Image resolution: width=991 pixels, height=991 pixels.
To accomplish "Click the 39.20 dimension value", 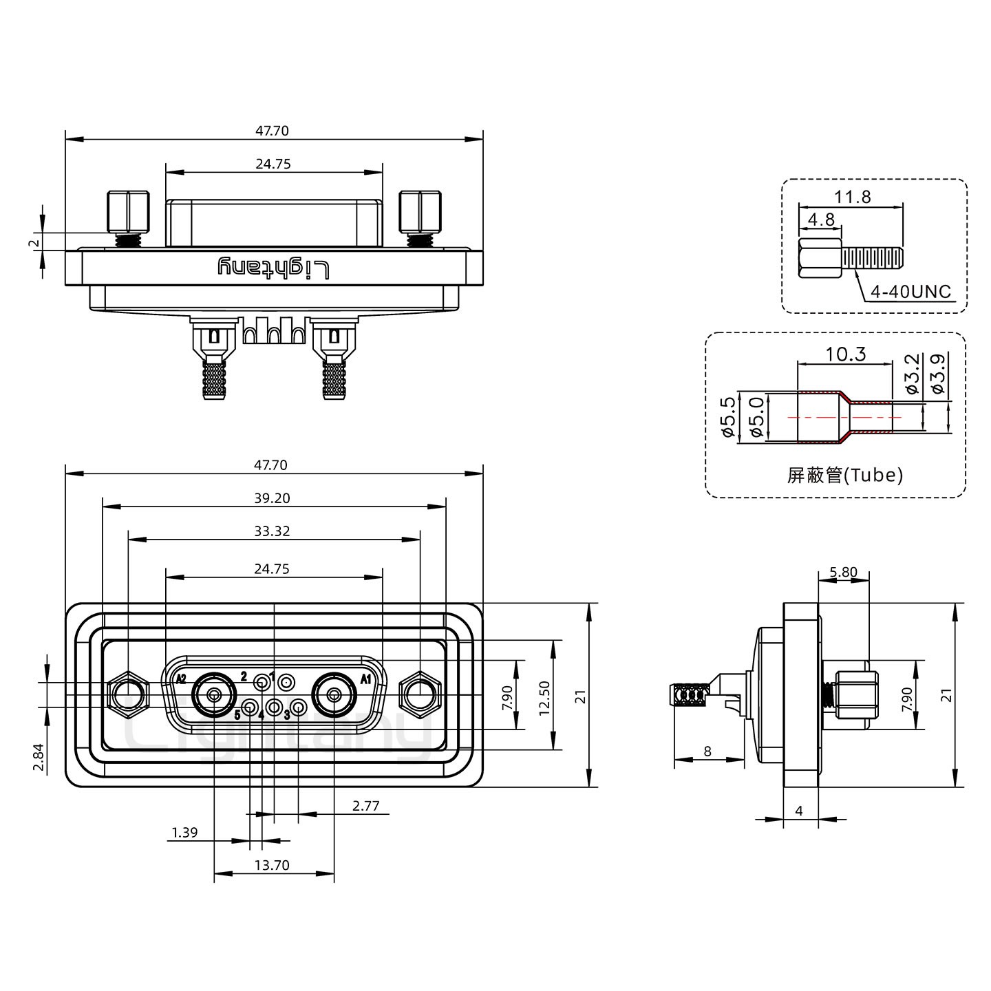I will tap(271, 498).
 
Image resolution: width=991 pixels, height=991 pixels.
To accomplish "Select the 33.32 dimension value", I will tap(271, 531).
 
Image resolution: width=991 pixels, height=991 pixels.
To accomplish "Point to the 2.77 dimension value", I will tap(365, 806).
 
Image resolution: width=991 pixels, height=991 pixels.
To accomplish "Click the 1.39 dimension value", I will tap(184, 833).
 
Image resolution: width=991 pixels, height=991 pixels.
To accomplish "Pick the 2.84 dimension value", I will tap(39, 758).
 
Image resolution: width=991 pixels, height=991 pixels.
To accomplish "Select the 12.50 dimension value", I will tap(544, 698).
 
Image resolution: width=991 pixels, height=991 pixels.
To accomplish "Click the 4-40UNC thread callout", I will tap(910, 292).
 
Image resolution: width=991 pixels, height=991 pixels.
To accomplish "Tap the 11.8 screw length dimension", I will tap(852, 198).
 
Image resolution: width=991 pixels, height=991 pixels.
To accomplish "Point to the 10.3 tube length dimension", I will tap(845, 354).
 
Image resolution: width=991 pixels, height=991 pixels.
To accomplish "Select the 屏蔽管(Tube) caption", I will tap(844, 474).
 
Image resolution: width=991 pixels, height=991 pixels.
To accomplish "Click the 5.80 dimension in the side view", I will tap(843, 572).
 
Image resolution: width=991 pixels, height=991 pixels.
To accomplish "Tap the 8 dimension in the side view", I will tap(707, 752).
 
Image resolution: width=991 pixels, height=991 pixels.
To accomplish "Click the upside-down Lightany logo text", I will tap(274, 267).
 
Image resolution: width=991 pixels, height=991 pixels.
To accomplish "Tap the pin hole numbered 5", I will tap(251, 707).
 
